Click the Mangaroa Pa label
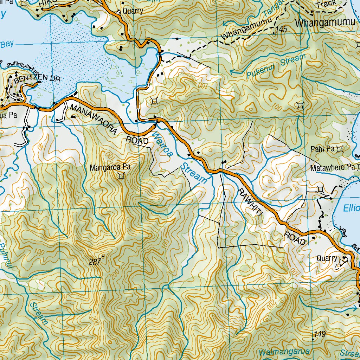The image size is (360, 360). click(110, 168)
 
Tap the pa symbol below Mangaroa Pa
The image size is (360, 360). click(122, 176)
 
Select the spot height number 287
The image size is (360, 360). click(95, 262)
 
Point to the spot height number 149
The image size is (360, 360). click(320, 334)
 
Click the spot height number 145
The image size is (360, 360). click(282, 30)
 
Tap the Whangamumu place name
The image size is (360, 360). click(325, 23)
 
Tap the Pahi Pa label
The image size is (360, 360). click(322, 149)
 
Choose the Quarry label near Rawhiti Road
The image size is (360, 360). click(327, 258)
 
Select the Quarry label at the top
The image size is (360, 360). click(133, 11)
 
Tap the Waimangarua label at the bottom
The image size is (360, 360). click(285, 352)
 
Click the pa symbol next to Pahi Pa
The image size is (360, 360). click(339, 149)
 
